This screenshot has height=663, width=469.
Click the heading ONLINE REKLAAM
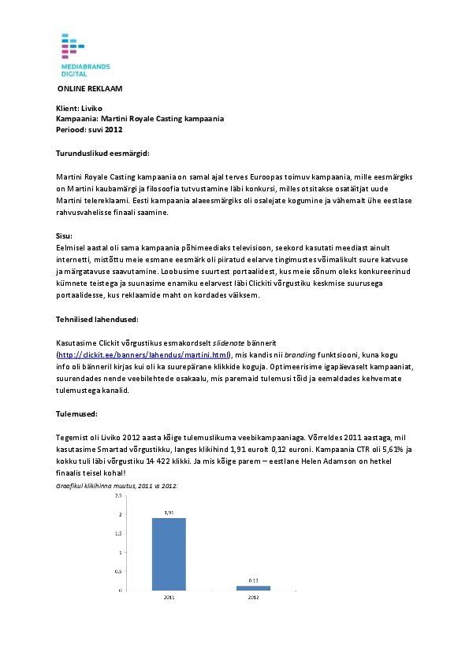[90, 89]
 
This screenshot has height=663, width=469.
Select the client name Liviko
[91, 108]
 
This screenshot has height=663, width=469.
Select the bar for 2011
[169, 554]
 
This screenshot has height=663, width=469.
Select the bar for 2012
[253, 587]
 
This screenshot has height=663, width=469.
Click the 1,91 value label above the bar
[169, 513]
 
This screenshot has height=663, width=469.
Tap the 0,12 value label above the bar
[253, 581]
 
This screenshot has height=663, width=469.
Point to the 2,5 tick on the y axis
[119, 496]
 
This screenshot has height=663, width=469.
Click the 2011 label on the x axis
[169, 598]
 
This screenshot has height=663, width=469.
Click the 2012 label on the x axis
[253, 598]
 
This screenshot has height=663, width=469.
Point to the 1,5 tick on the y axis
[119, 534]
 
